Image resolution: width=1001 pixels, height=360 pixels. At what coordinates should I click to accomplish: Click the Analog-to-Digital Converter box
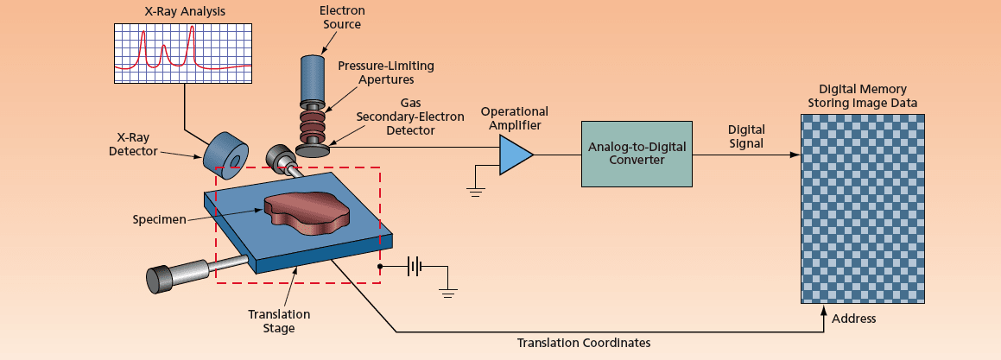click(637, 155)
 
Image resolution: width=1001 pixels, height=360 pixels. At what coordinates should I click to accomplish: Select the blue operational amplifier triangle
click(515, 155)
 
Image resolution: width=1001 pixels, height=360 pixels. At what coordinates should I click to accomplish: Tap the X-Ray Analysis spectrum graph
click(183, 54)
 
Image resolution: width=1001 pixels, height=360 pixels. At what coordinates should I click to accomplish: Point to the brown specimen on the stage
click(306, 212)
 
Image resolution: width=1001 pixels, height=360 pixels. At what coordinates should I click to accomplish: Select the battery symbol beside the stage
click(415, 267)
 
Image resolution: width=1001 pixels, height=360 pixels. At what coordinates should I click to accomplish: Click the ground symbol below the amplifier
click(476, 192)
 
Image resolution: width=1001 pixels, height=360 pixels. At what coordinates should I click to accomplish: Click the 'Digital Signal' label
click(745, 136)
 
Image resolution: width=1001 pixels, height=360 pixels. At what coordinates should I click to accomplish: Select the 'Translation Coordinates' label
click(583, 343)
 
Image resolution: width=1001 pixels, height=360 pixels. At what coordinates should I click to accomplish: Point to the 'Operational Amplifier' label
click(514, 118)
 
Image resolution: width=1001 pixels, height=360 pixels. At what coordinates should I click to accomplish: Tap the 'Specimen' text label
click(160, 219)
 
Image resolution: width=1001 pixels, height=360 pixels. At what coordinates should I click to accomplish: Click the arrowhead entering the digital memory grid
click(795, 155)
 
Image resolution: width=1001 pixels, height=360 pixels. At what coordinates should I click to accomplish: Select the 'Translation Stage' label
click(279, 320)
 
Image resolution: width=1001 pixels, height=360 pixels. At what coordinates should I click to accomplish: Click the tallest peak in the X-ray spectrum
click(192, 29)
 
